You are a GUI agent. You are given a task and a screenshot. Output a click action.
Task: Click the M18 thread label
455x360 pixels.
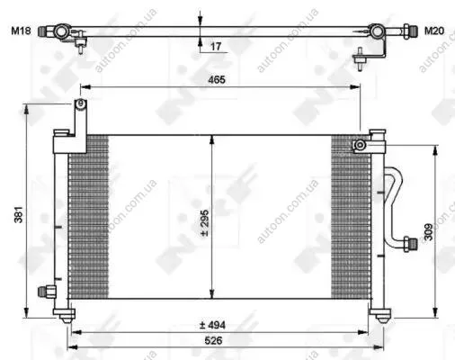click(21, 31)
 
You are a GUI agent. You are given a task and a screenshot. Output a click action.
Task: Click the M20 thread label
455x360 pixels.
click(434, 31)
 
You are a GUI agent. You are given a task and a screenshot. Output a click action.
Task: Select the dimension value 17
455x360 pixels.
click(216, 47)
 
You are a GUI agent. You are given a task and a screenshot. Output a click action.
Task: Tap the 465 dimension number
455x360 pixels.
click(217, 80)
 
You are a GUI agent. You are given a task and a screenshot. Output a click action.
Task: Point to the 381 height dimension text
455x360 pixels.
click(19, 214)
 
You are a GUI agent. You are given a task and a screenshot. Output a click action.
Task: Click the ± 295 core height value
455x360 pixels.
click(205, 223)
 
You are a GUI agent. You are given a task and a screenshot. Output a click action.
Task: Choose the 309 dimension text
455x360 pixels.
click(429, 232)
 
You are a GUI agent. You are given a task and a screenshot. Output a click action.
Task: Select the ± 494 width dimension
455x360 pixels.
click(212, 325)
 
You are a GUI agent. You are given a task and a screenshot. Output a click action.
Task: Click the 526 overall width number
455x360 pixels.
click(213, 340)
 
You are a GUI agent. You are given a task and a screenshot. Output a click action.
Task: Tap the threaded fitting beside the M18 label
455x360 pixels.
click(43, 31)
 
